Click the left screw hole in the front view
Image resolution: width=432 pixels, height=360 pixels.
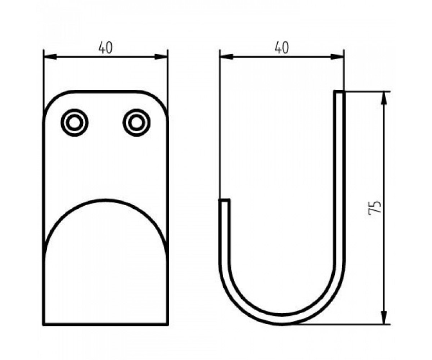75,123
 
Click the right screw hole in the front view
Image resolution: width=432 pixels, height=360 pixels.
136,123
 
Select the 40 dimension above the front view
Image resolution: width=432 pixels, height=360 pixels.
105,48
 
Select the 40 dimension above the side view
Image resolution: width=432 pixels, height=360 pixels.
282,48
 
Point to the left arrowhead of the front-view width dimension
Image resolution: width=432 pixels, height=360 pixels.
50,57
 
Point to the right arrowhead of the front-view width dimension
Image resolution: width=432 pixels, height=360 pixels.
161,57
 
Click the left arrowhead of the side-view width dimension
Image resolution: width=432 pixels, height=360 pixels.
226,57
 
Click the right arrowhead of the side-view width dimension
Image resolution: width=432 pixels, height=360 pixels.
337,57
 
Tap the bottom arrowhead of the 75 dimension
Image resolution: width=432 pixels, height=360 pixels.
384,318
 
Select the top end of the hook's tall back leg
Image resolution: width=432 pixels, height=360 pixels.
339,92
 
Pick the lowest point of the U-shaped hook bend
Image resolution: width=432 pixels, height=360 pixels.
282,324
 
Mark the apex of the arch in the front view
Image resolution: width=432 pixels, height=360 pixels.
105,200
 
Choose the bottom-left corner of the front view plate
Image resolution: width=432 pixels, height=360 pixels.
44,325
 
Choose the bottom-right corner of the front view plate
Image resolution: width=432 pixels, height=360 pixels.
168,325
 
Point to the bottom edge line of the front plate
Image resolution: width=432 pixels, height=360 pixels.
106,324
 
